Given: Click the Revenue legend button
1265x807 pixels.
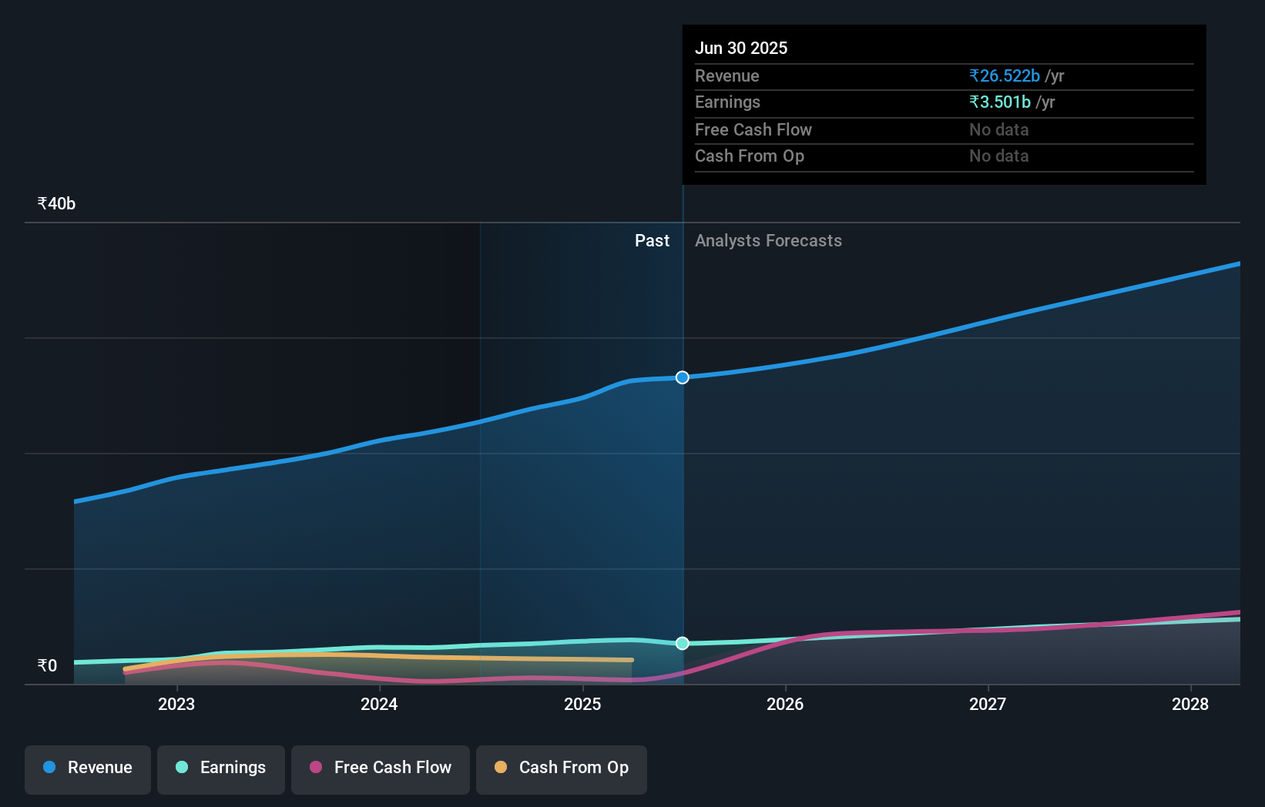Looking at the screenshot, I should [88, 768].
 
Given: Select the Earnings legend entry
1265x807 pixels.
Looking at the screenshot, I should [221, 768].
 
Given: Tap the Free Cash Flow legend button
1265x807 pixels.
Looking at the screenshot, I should [381, 768].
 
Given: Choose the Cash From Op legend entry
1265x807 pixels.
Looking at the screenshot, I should [562, 768].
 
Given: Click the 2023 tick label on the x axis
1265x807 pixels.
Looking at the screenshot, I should [176, 704].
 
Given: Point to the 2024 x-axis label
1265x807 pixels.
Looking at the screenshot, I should [379, 704].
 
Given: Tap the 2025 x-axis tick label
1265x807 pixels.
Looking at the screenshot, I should [582, 704].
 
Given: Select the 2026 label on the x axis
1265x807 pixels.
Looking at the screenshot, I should [785, 704].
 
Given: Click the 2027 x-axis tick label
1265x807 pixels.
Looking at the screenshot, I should [988, 704].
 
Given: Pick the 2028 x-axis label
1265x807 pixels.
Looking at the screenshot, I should [1190, 704].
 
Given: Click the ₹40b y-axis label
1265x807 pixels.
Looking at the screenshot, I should [56, 204].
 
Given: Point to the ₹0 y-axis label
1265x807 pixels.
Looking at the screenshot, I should [47, 665].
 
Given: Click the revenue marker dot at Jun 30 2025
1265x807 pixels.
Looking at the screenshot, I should [683, 377].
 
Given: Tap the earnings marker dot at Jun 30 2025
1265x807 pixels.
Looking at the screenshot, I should [683, 643].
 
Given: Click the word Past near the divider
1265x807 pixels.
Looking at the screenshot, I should [652, 241].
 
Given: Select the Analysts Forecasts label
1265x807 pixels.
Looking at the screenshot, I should [768, 241].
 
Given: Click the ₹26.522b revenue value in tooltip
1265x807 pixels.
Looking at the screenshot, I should [1005, 76].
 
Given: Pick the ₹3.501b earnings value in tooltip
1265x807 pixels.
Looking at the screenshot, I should [1000, 102].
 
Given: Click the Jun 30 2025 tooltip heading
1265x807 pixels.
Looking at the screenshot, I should [741, 49].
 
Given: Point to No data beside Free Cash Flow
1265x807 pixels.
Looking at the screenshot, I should [998, 130].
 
